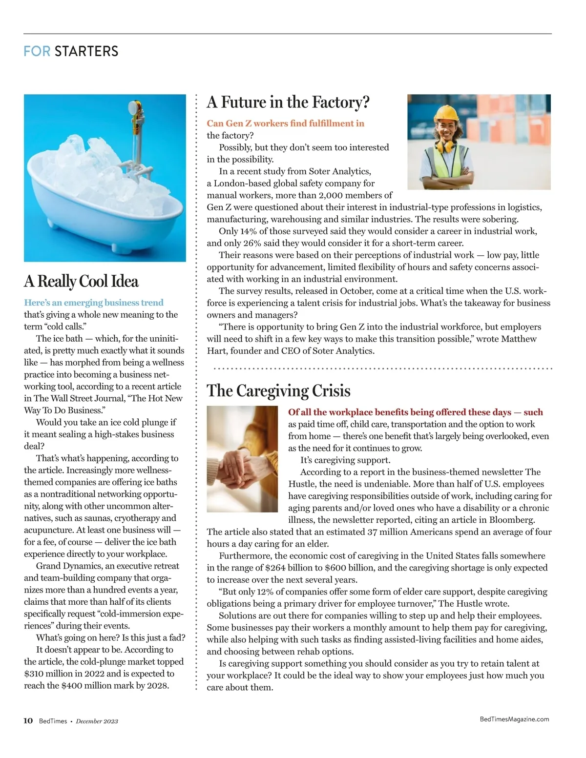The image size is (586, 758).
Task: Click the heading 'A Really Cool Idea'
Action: click(81, 282)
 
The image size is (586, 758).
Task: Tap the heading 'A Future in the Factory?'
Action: click(288, 102)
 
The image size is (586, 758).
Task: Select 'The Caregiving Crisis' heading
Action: click(278, 391)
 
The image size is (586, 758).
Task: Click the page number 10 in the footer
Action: click(28, 721)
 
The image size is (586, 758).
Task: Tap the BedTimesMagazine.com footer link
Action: click(514, 719)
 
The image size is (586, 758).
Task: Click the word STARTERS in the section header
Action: click(86, 51)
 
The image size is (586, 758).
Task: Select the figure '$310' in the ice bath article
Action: click(34, 674)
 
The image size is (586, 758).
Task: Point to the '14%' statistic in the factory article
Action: click(249, 231)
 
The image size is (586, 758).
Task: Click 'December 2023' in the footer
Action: click(97, 721)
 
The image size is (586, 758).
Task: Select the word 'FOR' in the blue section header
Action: click(37, 51)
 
